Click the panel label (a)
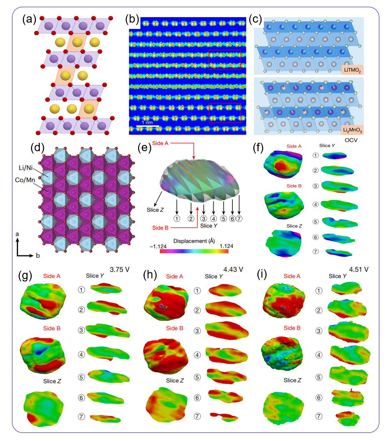pos(29,19)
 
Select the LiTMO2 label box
pos(352,70)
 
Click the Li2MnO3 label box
pos(352,130)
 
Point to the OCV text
pos(351,140)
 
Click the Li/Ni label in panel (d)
pos(25,168)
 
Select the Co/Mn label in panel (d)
pos(25,180)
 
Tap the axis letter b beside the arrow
pos(38,255)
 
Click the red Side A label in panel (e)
pos(160,143)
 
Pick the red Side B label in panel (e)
pos(160,227)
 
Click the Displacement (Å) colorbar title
pos(194,241)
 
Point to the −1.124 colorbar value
pos(158,246)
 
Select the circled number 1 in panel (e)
pos(177,219)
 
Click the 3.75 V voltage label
pos(120,270)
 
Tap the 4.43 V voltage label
pos(233,270)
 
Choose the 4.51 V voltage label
pos(359,270)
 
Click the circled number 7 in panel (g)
pos(81,416)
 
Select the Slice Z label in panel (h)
pos(175,380)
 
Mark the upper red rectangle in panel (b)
pos(225,60)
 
